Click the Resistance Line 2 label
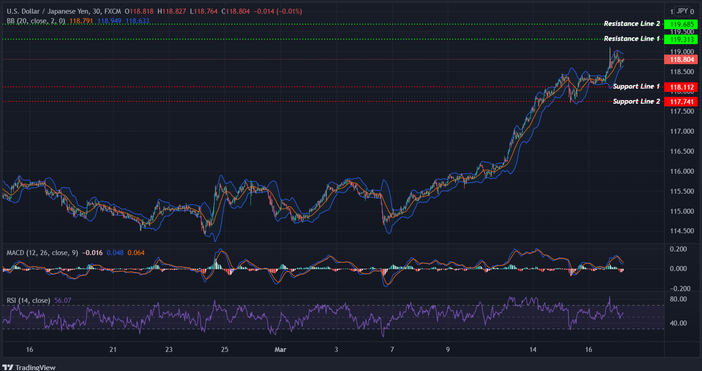(631, 24)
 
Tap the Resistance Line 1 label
(631, 39)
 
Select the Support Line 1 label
(636, 86)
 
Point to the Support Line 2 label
(636, 102)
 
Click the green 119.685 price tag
(682, 24)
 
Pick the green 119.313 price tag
(682, 39)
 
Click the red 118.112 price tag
(682, 87)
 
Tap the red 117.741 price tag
(682, 102)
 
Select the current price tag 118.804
(682, 60)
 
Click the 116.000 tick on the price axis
(682, 171)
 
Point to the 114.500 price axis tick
(682, 231)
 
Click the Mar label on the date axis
(280, 349)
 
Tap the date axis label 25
(225, 349)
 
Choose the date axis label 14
(533, 349)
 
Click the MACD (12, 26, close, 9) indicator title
(42, 253)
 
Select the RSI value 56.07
(63, 300)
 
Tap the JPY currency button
(682, 11)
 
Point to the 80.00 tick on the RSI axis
(678, 299)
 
